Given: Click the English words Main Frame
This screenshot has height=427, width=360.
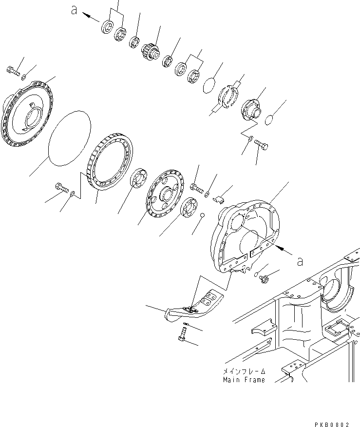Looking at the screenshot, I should tap(244, 380).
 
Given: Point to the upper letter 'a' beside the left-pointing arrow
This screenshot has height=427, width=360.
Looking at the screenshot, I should tap(75, 10).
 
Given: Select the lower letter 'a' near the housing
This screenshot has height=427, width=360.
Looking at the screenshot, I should tap(300, 261).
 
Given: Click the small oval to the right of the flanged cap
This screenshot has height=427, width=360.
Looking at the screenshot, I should tap(268, 119).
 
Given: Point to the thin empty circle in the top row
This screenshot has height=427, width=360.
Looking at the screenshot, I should tap(208, 84).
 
